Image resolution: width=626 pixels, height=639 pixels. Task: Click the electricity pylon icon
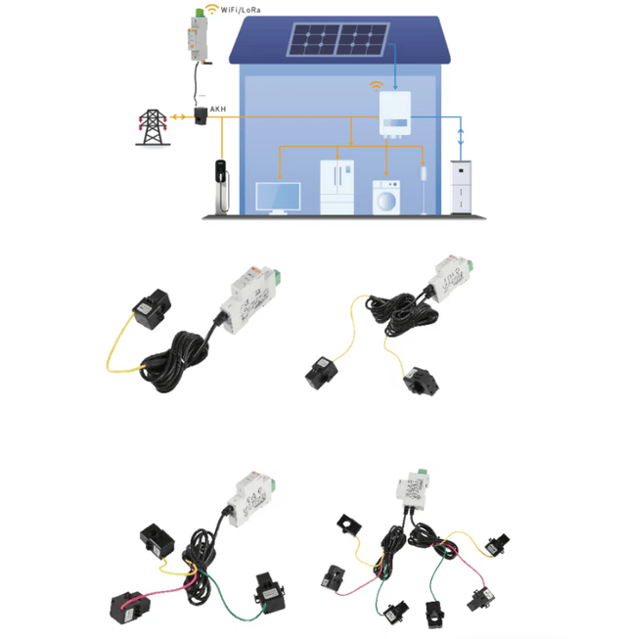coord(153,127)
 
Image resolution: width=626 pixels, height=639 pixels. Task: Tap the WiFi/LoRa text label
coord(241,10)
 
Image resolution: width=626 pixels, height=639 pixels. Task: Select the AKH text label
coord(218,110)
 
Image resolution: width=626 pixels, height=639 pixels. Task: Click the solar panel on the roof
coord(337,39)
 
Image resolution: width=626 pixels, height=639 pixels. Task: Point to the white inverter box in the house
coord(394,114)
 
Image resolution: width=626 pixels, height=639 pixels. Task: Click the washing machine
coord(386,198)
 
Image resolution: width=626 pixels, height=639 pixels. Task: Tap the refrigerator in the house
coord(336,187)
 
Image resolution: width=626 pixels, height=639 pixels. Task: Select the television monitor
coord(278,198)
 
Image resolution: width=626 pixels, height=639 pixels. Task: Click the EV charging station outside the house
coord(222,187)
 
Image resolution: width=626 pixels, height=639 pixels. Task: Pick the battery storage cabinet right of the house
coord(461,188)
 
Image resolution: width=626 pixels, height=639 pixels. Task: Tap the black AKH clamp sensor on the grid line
coord(201,115)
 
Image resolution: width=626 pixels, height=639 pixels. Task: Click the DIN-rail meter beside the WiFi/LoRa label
coord(198,36)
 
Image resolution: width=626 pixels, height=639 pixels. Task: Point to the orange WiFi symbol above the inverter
coord(377,86)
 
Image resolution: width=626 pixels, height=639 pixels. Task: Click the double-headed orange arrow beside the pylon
coord(178,117)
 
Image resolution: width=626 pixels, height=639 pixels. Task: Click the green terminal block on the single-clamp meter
coord(277,276)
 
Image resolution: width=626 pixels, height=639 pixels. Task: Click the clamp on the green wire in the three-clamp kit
coord(269,593)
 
